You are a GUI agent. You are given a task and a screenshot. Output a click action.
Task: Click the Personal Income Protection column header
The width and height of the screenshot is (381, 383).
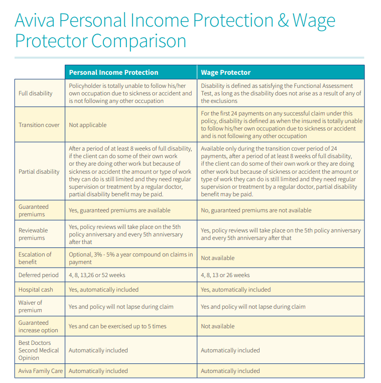[113, 72]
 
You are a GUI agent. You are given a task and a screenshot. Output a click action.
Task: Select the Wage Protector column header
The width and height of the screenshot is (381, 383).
[225, 72]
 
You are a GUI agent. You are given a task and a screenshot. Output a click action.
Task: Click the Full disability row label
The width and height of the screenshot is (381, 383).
[35, 93]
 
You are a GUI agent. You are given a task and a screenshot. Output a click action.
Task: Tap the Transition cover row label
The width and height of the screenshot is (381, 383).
[39, 125]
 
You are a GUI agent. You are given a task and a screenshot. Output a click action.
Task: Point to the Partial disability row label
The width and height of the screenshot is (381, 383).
[39, 172]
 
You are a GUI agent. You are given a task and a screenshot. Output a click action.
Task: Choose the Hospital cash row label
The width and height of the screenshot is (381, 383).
[36, 290]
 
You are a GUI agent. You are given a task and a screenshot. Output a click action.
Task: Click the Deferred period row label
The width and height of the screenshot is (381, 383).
[39, 275]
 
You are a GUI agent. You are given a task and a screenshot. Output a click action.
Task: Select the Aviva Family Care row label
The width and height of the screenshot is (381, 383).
[41, 371]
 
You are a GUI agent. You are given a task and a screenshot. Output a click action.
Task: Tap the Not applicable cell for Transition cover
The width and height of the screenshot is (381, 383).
[87, 125]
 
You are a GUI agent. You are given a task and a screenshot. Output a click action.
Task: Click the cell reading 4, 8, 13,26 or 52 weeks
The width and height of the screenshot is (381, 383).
[97, 275]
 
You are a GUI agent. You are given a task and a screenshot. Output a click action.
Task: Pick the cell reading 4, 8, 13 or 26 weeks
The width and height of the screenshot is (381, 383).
[225, 275]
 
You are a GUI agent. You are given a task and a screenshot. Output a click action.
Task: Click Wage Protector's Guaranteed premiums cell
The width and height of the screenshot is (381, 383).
[256, 210]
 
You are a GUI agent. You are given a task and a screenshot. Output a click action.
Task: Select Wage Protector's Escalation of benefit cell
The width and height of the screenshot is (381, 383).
[217, 258]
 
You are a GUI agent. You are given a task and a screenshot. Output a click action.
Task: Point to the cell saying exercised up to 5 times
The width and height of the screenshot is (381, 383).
[117, 326]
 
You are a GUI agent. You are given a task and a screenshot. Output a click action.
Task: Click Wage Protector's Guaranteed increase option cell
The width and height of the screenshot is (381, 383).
[217, 326]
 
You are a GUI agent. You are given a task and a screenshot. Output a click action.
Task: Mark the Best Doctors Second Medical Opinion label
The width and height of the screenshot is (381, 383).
[39, 350]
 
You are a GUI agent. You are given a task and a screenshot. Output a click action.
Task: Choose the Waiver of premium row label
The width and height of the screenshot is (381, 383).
[31, 307]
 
